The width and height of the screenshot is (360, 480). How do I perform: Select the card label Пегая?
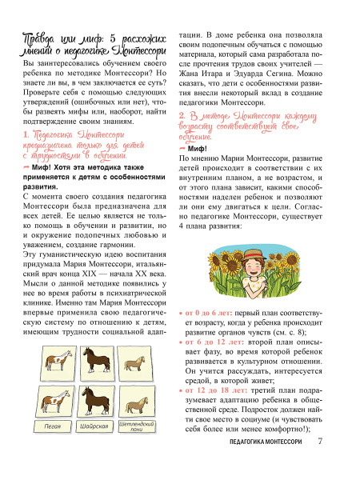pos(53,427)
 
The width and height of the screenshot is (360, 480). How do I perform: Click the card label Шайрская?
pos(94,427)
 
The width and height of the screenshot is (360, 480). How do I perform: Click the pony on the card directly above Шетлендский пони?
pos(136,398)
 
